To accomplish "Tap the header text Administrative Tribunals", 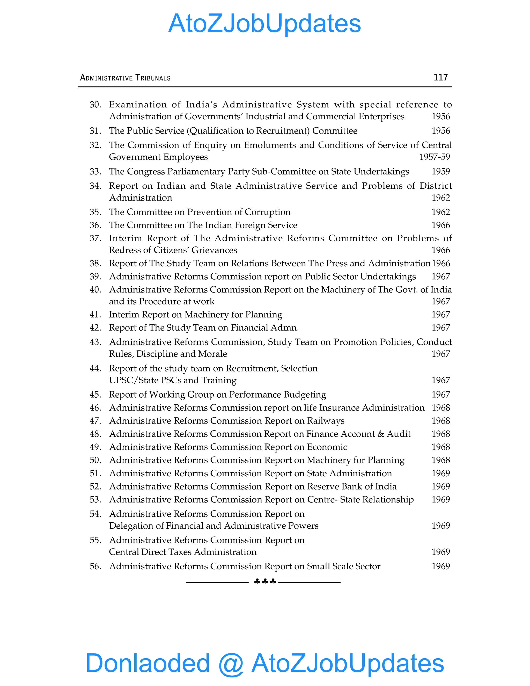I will (125, 78).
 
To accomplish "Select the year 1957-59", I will (435, 157).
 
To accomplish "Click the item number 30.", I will (95, 105).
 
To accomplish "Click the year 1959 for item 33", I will (440, 171).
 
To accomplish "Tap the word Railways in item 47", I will (326, 421).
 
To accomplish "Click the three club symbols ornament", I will (265, 582).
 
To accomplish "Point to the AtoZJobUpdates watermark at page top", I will (265, 23).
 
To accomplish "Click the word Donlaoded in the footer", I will (148, 663).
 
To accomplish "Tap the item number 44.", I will (95, 368).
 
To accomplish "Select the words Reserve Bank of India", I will (352, 486).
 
